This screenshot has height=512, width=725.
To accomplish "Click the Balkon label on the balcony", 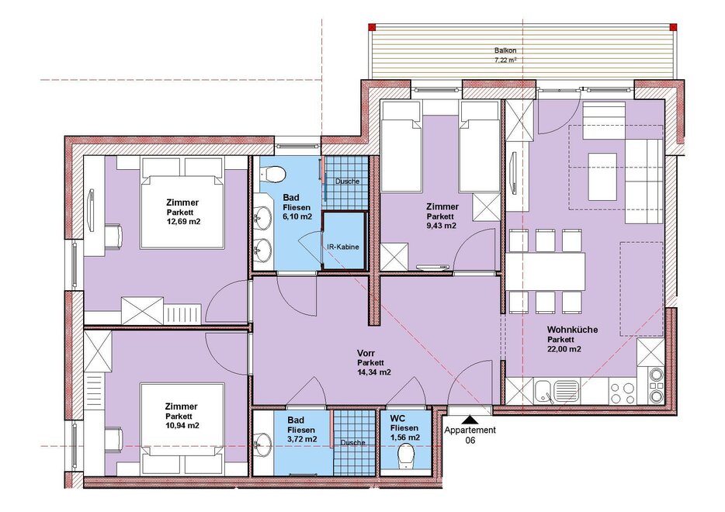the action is pyautogui.click(x=505, y=50).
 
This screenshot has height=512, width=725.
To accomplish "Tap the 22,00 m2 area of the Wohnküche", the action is pyautogui.click(x=564, y=349).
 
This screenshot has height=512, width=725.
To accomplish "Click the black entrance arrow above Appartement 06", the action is pyautogui.click(x=470, y=420).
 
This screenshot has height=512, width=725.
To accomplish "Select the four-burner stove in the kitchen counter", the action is pyautogui.click(x=623, y=392).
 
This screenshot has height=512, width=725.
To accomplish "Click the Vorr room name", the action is pyautogui.click(x=366, y=354).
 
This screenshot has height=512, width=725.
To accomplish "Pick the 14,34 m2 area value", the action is pyautogui.click(x=374, y=372).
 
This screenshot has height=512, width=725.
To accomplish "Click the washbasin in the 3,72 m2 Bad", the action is pyautogui.click(x=263, y=443).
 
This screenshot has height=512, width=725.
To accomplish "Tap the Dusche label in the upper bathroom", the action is pyautogui.click(x=347, y=182).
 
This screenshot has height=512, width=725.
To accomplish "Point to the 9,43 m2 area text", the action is pyautogui.click(x=442, y=226).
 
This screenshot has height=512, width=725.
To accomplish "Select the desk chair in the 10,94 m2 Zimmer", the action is pyautogui.click(x=114, y=438).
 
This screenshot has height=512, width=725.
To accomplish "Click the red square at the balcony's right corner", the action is pyautogui.click(x=673, y=27).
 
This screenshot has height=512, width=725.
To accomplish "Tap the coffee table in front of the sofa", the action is pyautogui.click(x=602, y=177).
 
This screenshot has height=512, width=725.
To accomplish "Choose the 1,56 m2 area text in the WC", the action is pyautogui.click(x=405, y=438).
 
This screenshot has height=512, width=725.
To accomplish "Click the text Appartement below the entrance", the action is pyautogui.click(x=470, y=431).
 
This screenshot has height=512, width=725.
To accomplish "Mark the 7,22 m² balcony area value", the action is pyautogui.click(x=505, y=61).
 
